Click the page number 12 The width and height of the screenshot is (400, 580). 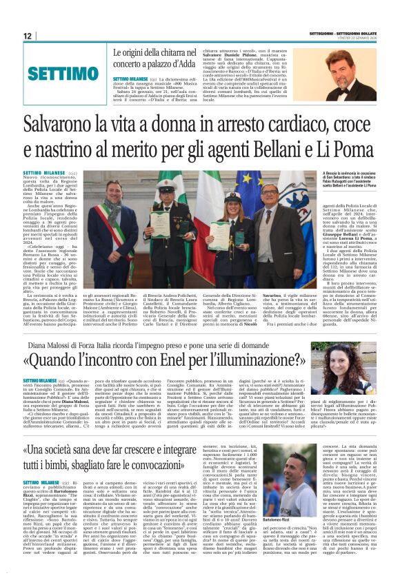point(28,37)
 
